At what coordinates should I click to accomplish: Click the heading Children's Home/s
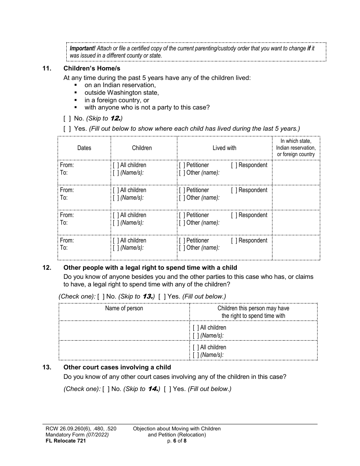(92, 69)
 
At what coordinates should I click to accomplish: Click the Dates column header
(84, 148)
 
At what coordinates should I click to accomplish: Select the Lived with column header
(224, 148)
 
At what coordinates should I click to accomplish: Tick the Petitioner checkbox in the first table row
(182, 165)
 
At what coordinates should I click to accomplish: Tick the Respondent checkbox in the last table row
(234, 241)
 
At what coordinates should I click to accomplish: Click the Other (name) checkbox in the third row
(182, 223)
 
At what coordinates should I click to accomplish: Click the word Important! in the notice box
(83, 48)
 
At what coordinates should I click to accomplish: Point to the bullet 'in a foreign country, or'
(117, 100)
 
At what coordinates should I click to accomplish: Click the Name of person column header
(124, 308)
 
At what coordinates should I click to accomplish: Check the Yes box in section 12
(162, 296)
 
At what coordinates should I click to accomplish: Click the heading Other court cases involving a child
(117, 367)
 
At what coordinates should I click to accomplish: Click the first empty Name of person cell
(124, 331)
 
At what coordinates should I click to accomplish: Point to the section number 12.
(47, 268)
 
